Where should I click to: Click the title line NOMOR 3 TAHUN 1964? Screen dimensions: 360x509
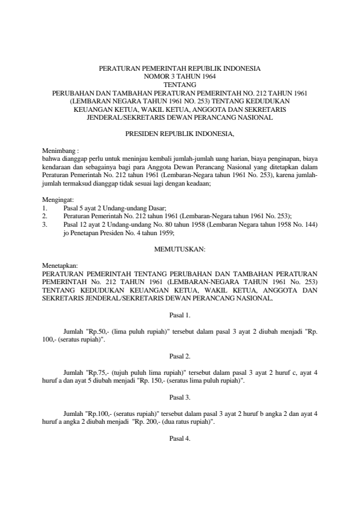(180, 77)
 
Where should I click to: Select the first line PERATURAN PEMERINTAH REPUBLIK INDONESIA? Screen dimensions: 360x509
(180, 69)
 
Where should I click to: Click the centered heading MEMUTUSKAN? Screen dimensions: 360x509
(180, 248)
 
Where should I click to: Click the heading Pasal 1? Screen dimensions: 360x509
(180, 315)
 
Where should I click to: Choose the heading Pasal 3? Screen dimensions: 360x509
(180, 397)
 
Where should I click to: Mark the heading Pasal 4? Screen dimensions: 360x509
(180, 438)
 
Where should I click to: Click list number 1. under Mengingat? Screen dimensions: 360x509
(45, 207)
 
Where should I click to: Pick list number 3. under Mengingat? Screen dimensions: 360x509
(45, 224)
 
